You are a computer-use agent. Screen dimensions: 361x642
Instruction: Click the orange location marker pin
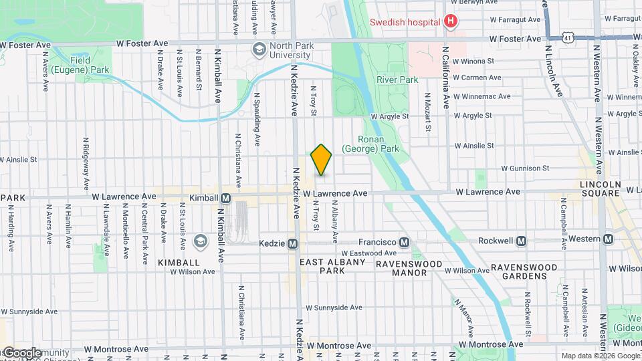click(321, 159)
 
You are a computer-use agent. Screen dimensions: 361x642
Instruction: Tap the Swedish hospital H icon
click(451, 21)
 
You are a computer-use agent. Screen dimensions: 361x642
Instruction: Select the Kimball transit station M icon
click(226, 198)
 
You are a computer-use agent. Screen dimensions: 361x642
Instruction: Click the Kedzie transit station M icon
click(292, 245)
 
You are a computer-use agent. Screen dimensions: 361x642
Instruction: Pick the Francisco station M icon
click(404, 242)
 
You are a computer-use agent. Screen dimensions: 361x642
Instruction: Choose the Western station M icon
click(608, 239)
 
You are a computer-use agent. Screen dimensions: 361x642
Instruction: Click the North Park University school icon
click(258, 49)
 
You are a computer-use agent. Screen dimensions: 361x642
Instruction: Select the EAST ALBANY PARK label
click(332, 266)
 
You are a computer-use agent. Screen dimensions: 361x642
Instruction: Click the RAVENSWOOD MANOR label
click(409, 268)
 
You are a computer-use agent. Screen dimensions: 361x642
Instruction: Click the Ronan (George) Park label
click(370, 144)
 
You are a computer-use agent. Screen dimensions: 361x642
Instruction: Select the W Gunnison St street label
click(525, 168)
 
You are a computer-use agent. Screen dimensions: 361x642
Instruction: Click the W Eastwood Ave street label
click(368, 253)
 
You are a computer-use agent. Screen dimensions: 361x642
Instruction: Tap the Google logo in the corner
click(21, 352)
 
